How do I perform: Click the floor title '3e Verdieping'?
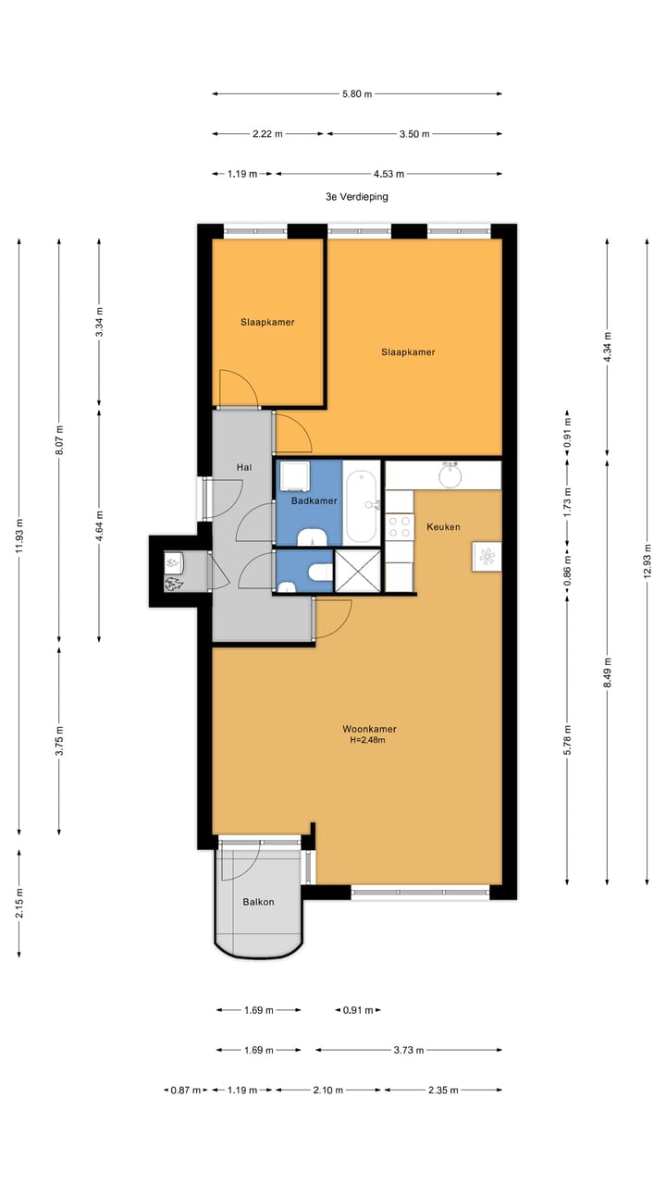point(356,197)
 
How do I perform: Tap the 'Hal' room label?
point(244,467)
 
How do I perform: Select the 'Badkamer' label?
point(314,500)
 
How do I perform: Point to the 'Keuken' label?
point(443,526)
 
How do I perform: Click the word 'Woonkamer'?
point(368,729)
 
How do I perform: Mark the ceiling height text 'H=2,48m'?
point(367,740)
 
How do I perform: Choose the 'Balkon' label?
point(258,902)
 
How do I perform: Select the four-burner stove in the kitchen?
point(400,527)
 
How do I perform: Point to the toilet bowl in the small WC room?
point(320,572)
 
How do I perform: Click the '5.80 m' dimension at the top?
point(356,93)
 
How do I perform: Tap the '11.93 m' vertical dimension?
point(19,536)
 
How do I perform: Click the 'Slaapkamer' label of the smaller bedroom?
point(267,322)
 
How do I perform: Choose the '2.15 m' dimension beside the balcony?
point(19,899)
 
